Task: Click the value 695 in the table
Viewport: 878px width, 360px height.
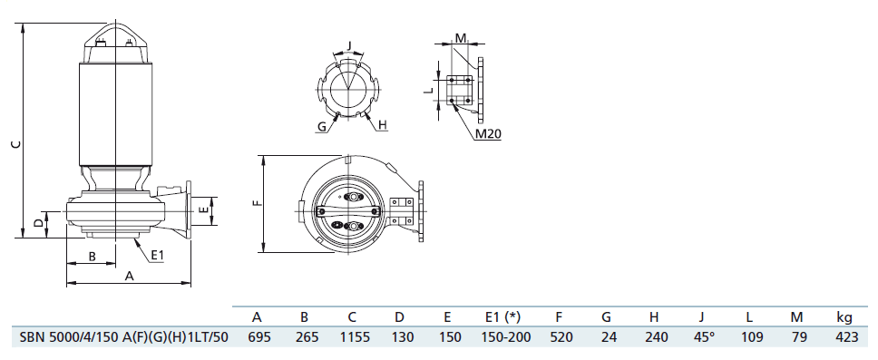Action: pos(257,337)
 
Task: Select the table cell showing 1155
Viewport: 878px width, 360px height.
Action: pos(351,337)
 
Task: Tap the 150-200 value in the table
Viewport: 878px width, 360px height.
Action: pos(502,337)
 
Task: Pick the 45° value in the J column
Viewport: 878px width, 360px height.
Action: pos(701,337)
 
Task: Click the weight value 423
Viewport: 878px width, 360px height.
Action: pos(844,337)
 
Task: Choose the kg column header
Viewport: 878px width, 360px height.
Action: pos(844,318)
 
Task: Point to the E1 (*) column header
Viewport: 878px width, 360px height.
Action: pos(502,317)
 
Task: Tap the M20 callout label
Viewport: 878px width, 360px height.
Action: pos(488,134)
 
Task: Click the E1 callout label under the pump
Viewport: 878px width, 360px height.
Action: pos(158,256)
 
